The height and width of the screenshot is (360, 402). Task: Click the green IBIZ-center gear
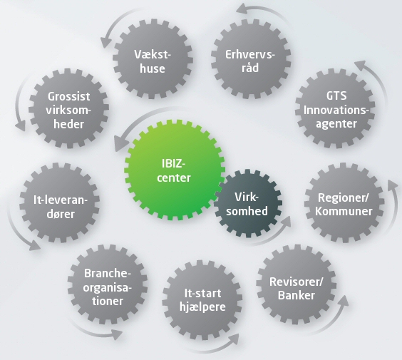pyautogui.click(x=173, y=170)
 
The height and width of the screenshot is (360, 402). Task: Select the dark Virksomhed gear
pyautogui.click(x=247, y=204)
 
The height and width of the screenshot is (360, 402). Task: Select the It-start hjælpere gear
pyautogui.click(x=202, y=299)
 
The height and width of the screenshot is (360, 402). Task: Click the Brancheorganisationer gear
pyautogui.click(x=108, y=284)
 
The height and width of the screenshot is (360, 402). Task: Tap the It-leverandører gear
pyautogui.click(x=60, y=202)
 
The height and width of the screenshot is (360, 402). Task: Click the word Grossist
pyautogui.click(x=68, y=97)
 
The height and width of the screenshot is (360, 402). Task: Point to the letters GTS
pyautogui.click(x=336, y=96)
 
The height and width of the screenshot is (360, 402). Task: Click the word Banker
pyautogui.click(x=297, y=295)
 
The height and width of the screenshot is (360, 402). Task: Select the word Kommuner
pyautogui.click(x=344, y=211)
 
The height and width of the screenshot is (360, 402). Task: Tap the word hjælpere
pyautogui.click(x=202, y=307)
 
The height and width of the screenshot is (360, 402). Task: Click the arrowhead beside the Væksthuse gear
pyautogui.click(x=105, y=42)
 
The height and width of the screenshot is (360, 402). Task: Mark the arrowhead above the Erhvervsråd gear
pyautogui.click(x=242, y=9)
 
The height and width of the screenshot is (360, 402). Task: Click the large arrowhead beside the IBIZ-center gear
pyautogui.click(x=120, y=143)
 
